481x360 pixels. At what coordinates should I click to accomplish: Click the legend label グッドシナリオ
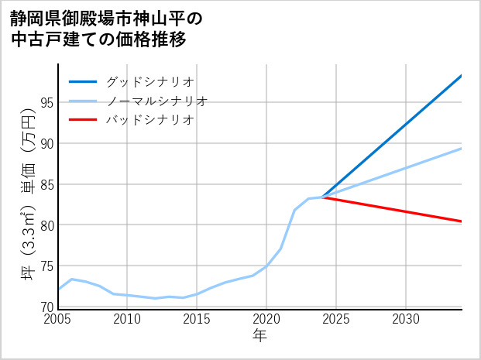(149, 81)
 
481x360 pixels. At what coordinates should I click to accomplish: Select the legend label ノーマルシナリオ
(156, 101)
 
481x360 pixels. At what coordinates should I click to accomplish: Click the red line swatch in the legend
(84, 120)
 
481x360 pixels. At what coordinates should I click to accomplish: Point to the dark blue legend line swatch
(84, 81)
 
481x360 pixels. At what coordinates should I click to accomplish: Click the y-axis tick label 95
(46, 102)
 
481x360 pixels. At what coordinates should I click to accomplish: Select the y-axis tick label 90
(46, 143)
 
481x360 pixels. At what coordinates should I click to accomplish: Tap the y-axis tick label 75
(46, 266)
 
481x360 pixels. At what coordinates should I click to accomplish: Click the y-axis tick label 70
(46, 307)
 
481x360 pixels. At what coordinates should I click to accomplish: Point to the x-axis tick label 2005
(58, 319)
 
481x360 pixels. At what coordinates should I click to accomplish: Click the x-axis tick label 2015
(197, 319)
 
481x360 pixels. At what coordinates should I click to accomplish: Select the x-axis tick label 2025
(336, 319)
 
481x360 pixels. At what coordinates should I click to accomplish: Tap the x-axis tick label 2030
(406, 319)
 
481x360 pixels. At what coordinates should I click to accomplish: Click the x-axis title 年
(260, 336)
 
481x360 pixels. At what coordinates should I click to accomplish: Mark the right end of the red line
(461, 221)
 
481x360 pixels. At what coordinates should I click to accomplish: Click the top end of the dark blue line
(461, 76)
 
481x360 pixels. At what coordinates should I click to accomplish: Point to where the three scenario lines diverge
(322, 197)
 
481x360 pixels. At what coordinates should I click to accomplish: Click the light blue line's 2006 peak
(72, 279)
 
